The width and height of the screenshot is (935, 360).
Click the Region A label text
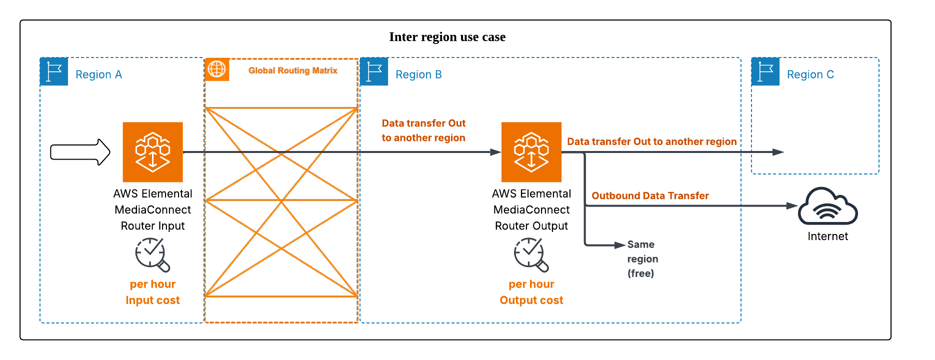click(98, 74)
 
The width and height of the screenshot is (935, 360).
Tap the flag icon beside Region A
click(54, 72)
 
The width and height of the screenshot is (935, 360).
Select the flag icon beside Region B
click(374, 72)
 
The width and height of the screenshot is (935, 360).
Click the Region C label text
click(810, 74)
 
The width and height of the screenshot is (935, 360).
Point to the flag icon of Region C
click(765, 72)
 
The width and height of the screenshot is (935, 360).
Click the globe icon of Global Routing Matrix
click(216, 69)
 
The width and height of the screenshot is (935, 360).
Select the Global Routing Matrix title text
click(292, 70)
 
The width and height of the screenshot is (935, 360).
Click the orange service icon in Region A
click(152, 152)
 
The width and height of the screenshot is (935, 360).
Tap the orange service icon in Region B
click(531, 152)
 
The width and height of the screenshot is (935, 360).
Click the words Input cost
click(152, 300)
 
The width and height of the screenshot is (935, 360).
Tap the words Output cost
click(531, 300)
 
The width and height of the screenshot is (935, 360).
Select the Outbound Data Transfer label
click(650, 195)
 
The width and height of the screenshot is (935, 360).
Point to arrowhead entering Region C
click(778, 152)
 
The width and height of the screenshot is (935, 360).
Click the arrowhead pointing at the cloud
click(791, 205)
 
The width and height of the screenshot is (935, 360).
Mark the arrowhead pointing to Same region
click(620, 245)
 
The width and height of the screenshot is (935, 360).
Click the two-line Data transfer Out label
click(423, 130)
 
